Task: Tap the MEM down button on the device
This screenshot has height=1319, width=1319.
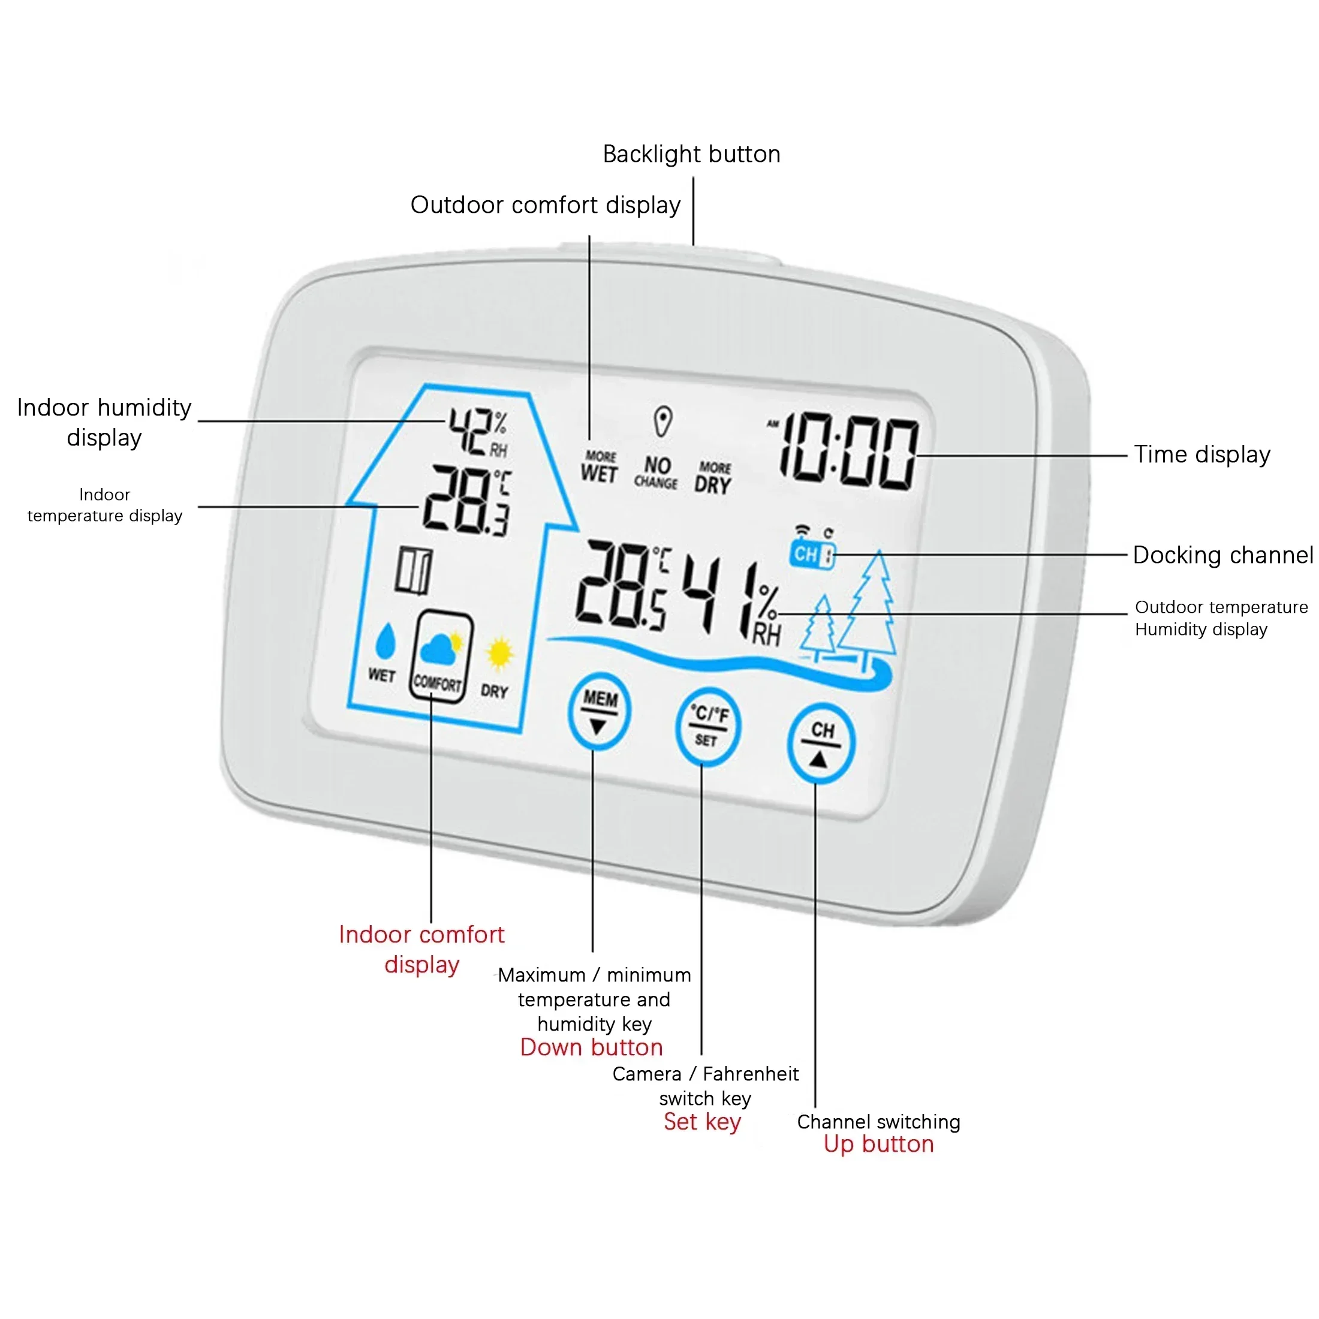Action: pyautogui.click(x=599, y=712)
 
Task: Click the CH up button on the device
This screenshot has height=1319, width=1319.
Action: pyautogui.click(x=821, y=743)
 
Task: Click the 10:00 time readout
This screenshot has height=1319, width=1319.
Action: pyautogui.click(x=848, y=452)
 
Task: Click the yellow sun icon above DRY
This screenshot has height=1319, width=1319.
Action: pyautogui.click(x=499, y=654)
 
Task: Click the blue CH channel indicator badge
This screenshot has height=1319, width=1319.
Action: pyautogui.click(x=812, y=553)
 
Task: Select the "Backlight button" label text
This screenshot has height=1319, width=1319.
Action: pyautogui.click(x=691, y=154)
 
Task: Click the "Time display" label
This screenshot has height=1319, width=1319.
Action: pyautogui.click(x=1201, y=454)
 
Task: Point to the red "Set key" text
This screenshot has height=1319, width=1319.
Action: pyautogui.click(x=702, y=1122)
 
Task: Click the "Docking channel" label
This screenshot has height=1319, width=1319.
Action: pyautogui.click(x=1222, y=555)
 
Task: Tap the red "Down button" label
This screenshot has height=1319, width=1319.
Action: pyautogui.click(x=591, y=1047)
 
